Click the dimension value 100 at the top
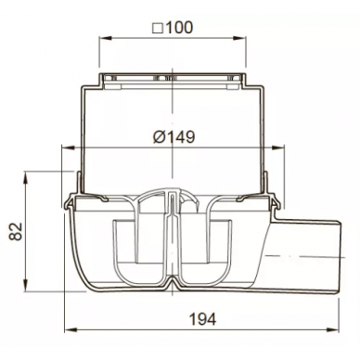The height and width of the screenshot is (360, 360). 179,28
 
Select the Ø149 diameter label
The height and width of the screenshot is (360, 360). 174,136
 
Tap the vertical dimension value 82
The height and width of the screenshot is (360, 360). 16,231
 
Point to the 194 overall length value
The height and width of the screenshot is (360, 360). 202,319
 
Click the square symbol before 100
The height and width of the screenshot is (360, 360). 158,29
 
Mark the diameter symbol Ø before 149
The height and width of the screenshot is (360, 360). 160,137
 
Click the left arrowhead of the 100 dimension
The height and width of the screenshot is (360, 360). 105,38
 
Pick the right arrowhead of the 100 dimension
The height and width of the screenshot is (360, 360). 239,38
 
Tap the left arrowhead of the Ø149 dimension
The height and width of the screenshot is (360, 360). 69,148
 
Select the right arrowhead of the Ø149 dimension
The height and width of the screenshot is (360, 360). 277,148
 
